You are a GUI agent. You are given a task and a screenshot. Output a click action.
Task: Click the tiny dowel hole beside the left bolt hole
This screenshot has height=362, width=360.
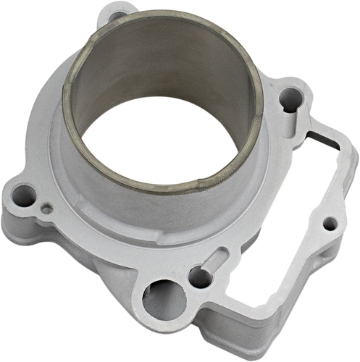pos(47,208)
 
